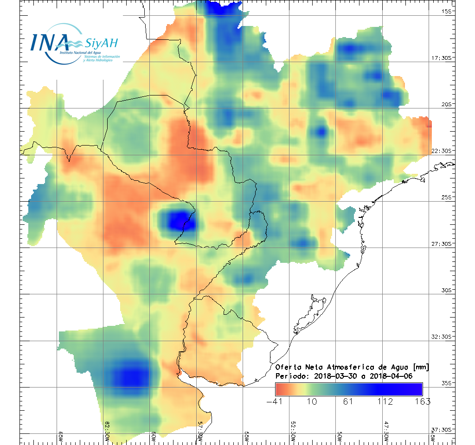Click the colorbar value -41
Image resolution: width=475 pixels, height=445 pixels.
click(276, 401)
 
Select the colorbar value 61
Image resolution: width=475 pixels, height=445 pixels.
click(349, 401)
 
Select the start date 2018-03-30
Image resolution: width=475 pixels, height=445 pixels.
click(334, 376)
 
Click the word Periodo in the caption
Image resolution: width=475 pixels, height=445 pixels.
click(291, 376)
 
